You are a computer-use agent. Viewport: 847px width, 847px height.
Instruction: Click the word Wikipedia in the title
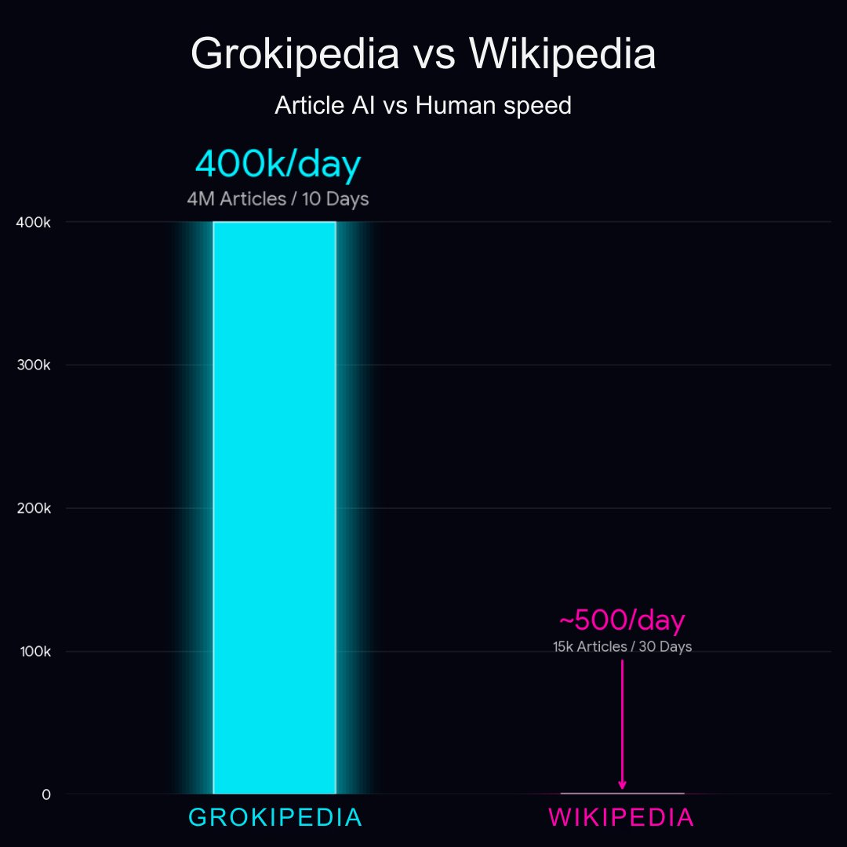point(562,55)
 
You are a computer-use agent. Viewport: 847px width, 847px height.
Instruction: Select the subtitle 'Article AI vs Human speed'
point(423,105)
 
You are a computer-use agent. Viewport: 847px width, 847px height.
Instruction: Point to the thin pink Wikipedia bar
point(622,793)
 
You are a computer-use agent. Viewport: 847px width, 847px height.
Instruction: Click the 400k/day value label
point(278,165)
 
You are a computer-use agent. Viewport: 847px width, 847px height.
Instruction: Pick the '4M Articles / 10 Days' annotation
point(278,199)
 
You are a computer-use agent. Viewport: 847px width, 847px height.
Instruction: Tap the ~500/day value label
point(622,620)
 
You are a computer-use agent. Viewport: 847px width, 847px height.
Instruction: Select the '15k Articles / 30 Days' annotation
point(622,647)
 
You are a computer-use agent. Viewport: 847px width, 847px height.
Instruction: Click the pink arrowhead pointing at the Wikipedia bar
point(622,784)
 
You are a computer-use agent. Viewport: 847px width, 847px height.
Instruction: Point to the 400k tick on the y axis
point(35,223)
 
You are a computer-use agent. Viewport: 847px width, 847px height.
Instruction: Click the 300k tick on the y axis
point(35,365)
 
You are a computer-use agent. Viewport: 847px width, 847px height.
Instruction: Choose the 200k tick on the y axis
point(35,508)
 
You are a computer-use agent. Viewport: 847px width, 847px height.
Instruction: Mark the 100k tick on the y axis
point(35,652)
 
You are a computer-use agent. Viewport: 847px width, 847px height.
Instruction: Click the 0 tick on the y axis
point(46,794)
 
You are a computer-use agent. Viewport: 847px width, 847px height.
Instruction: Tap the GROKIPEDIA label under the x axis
point(275,818)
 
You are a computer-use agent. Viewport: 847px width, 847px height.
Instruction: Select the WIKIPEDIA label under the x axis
point(621,818)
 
